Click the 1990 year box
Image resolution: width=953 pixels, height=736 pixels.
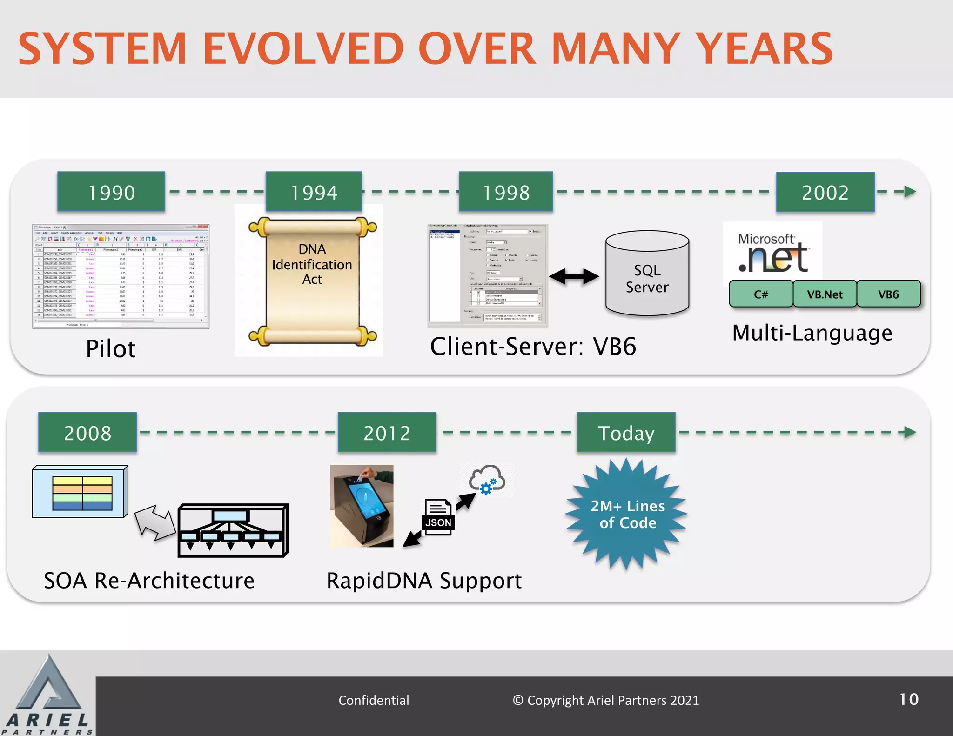click(111, 192)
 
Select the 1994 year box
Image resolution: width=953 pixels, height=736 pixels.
click(314, 192)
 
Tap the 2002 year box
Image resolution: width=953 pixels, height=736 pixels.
click(825, 192)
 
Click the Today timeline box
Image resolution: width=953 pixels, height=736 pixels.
click(626, 433)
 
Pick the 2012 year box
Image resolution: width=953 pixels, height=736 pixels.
click(387, 433)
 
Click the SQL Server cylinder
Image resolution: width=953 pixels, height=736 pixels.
click(647, 274)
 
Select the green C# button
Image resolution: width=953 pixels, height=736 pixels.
click(761, 294)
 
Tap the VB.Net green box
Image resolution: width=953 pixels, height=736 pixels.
click(825, 294)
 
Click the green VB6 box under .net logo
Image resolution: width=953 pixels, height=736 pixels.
click(888, 294)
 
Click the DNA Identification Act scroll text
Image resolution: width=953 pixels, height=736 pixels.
click(312, 264)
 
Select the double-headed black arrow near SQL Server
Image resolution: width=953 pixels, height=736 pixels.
click(574, 276)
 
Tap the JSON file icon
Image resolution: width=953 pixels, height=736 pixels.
click(438, 516)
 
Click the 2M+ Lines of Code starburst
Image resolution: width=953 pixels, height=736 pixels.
click(627, 514)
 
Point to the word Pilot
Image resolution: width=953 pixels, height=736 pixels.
click(111, 348)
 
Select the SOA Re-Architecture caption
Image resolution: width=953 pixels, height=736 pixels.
click(149, 581)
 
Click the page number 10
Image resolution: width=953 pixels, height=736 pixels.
click(909, 699)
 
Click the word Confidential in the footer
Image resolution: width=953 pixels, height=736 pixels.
click(374, 700)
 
